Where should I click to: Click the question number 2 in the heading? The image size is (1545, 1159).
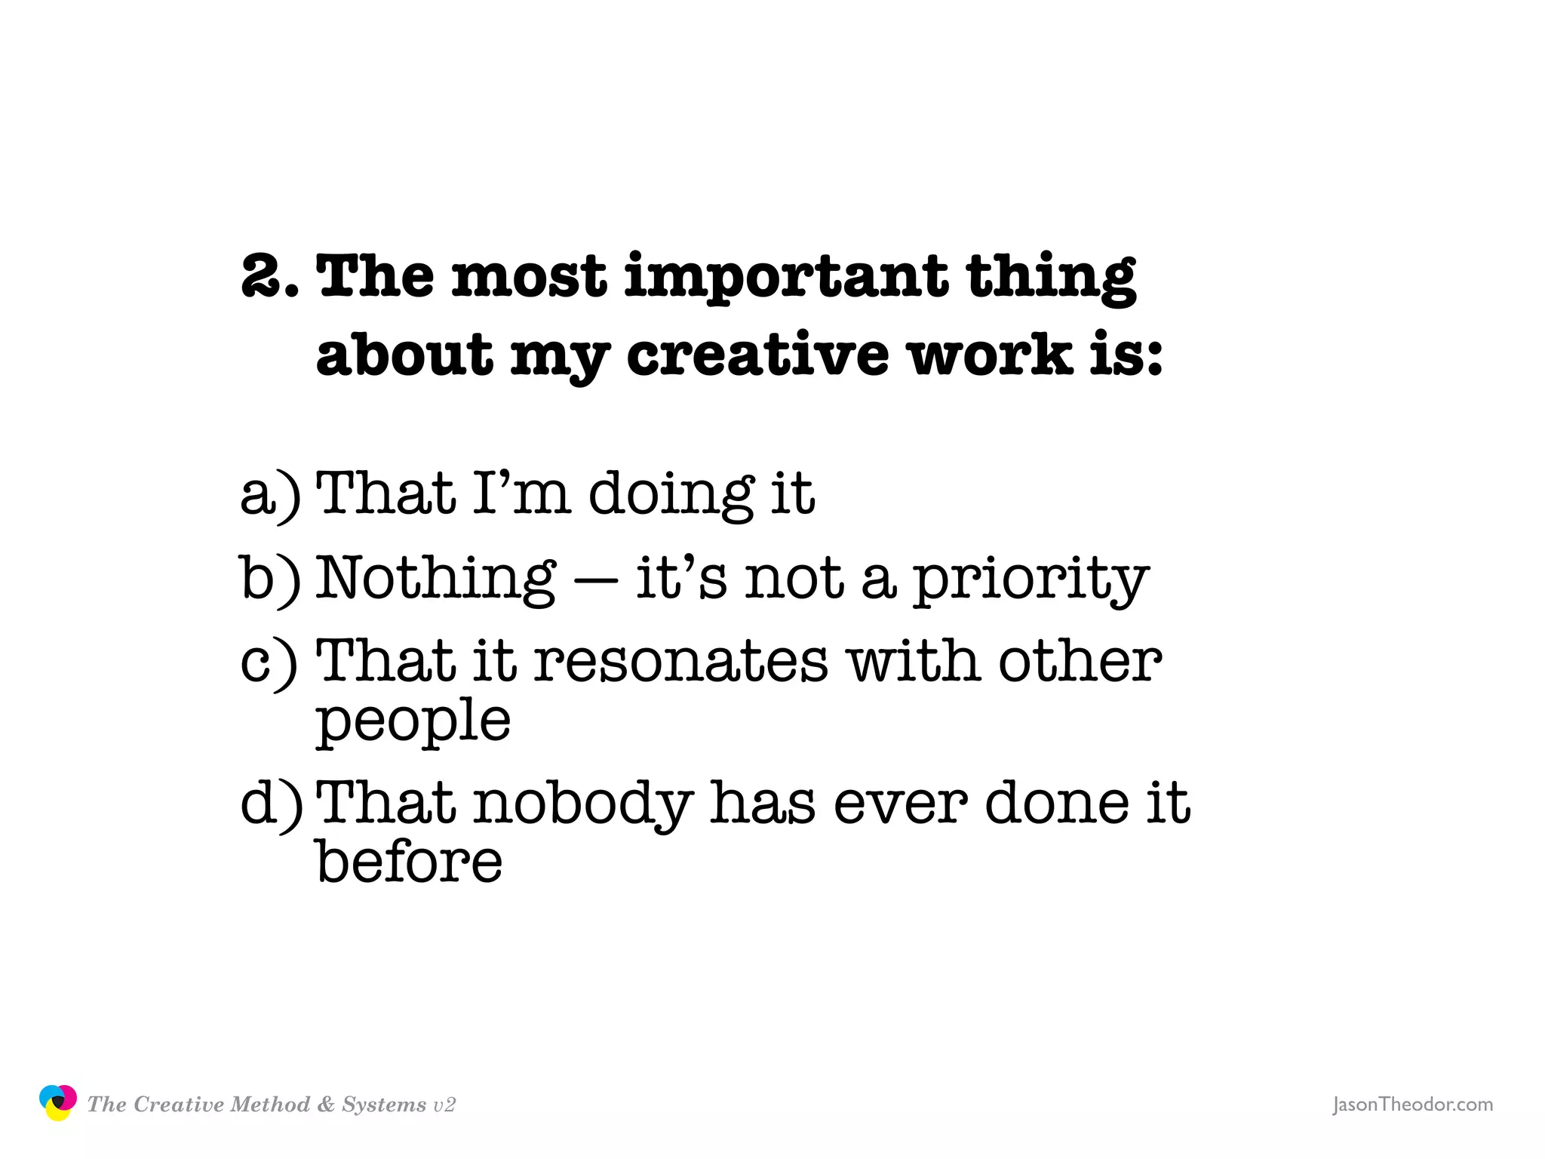[x=263, y=276]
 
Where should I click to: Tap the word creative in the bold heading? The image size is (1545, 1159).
[x=757, y=355]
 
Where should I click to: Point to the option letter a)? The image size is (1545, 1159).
[x=269, y=494]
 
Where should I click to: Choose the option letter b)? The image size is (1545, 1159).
[x=269, y=578]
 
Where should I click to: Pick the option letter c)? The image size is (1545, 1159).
[x=268, y=662]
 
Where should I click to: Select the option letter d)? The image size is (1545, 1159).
[x=271, y=803]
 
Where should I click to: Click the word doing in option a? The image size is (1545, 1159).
[x=671, y=494]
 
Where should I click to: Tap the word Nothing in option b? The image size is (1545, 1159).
[x=435, y=578]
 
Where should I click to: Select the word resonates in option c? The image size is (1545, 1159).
[x=681, y=662]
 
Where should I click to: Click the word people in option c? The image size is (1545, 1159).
[x=413, y=722]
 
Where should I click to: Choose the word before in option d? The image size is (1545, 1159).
[x=408, y=862]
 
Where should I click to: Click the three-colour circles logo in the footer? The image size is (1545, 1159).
[x=57, y=1102]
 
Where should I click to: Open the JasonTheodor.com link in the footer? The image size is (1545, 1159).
[x=1412, y=1105]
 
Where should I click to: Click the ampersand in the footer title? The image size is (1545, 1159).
[x=326, y=1105]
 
